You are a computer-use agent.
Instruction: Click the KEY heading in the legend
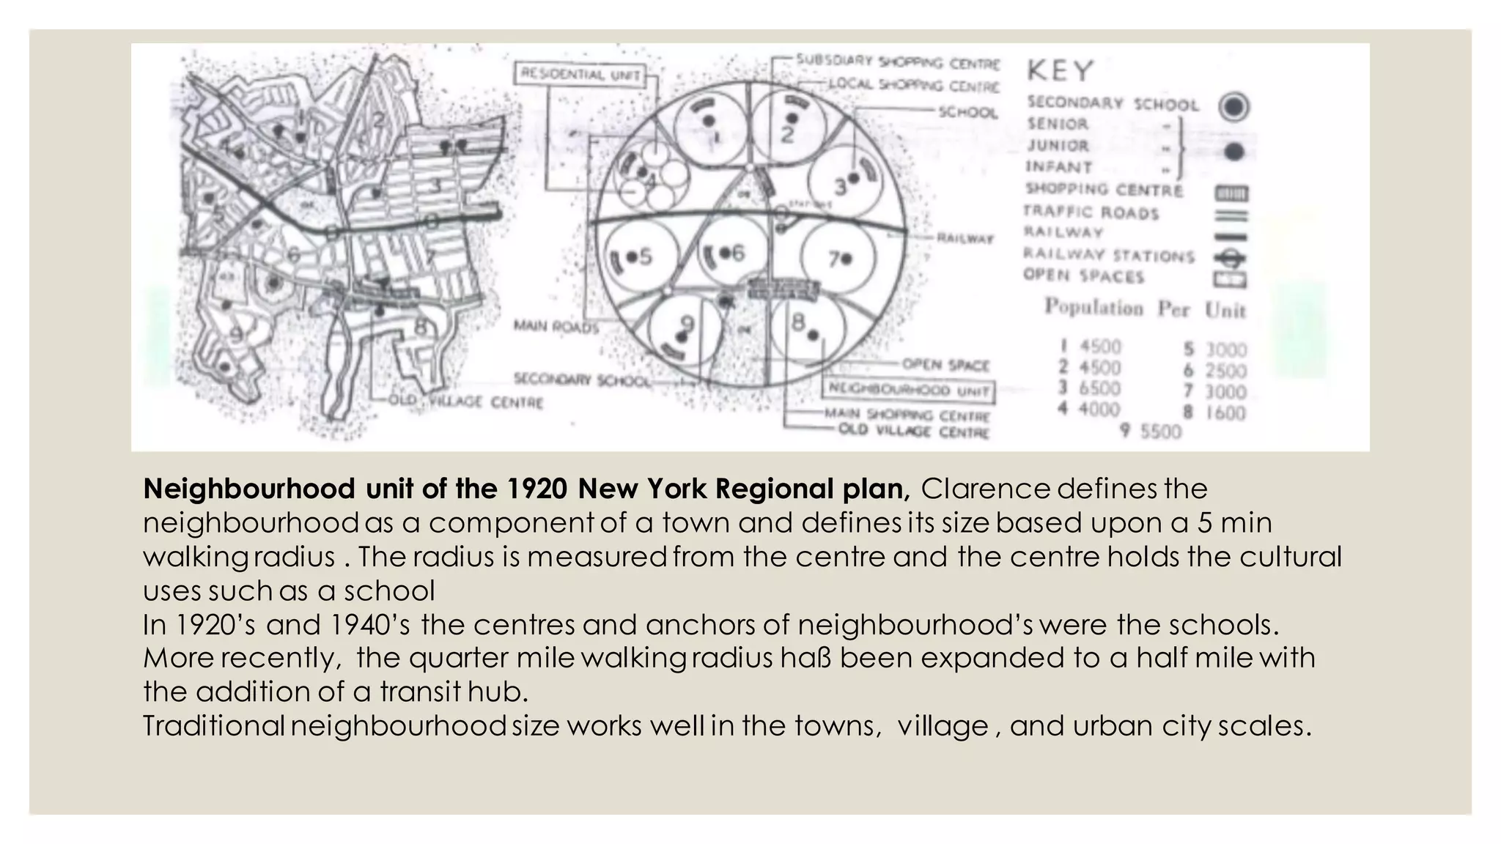[1060, 71]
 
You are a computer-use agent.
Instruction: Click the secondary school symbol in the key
[1233, 107]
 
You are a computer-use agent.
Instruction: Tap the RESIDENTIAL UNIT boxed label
[580, 75]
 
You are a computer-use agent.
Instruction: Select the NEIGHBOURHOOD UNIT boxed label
[909, 390]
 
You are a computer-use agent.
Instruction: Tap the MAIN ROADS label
[556, 325]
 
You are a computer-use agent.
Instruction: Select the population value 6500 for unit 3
[1099, 388]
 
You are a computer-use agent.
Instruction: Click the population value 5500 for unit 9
[1160, 432]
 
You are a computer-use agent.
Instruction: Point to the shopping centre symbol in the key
[1231, 193]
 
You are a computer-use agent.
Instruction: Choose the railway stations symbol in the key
[1231, 258]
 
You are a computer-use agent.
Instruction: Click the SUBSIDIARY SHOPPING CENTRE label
[898, 62]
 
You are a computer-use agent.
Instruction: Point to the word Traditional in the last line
[213, 726]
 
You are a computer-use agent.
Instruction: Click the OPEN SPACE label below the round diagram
[945, 365]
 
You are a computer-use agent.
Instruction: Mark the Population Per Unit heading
[1145, 308]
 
